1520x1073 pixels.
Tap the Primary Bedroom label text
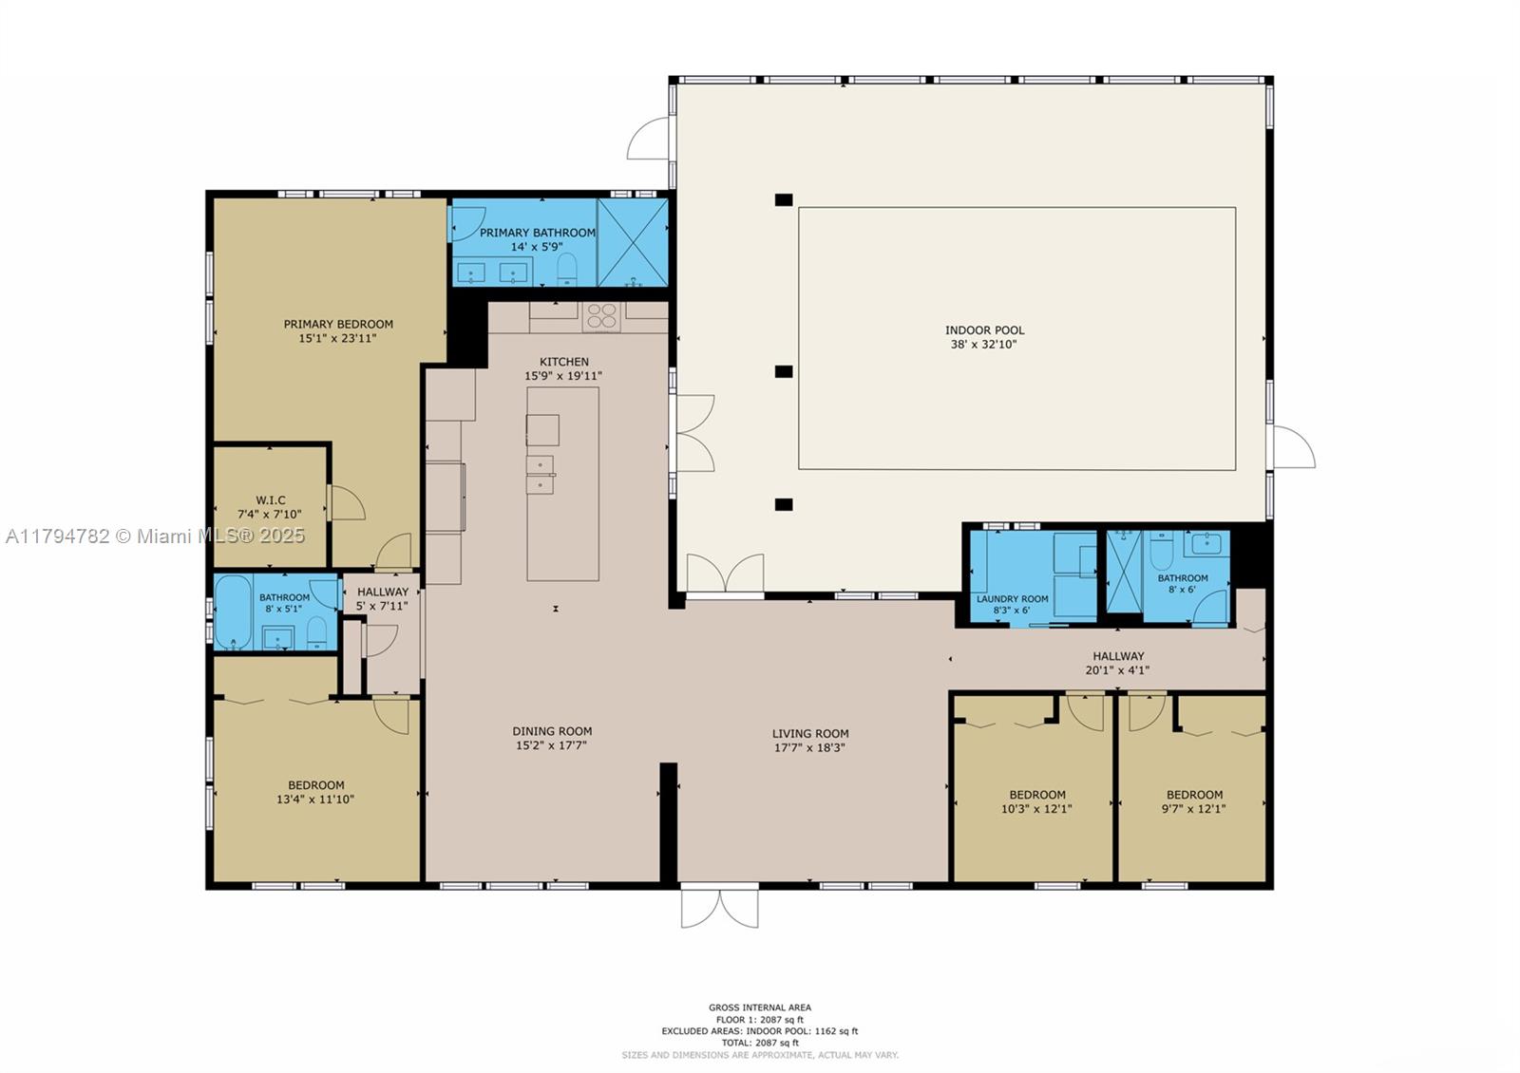coord(338,324)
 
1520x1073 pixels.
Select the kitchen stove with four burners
coord(601,317)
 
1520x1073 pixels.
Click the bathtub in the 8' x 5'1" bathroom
coord(234,612)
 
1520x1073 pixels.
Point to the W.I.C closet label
coord(270,500)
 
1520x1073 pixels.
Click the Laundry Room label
coord(1012,599)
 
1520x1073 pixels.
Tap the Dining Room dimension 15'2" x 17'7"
coord(551,745)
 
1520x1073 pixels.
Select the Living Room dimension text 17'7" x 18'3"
coord(809,747)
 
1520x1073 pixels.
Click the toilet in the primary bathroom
coord(566,270)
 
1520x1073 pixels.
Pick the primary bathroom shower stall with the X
coord(633,243)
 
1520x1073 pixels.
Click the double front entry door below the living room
coord(720,906)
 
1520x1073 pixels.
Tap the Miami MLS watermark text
coord(156,536)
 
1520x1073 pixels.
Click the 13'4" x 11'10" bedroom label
coord(315,792)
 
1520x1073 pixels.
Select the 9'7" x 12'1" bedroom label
coord(1194,801)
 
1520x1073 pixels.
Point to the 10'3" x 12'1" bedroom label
coord(1036,801)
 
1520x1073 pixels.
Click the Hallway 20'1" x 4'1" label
coord(1117,664)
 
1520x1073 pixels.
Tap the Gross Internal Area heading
coord(760,1007)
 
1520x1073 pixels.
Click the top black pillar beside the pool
coord(784,200)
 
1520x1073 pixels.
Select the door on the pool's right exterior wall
coord(1293,447)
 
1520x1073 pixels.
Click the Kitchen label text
coord(564,362)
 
